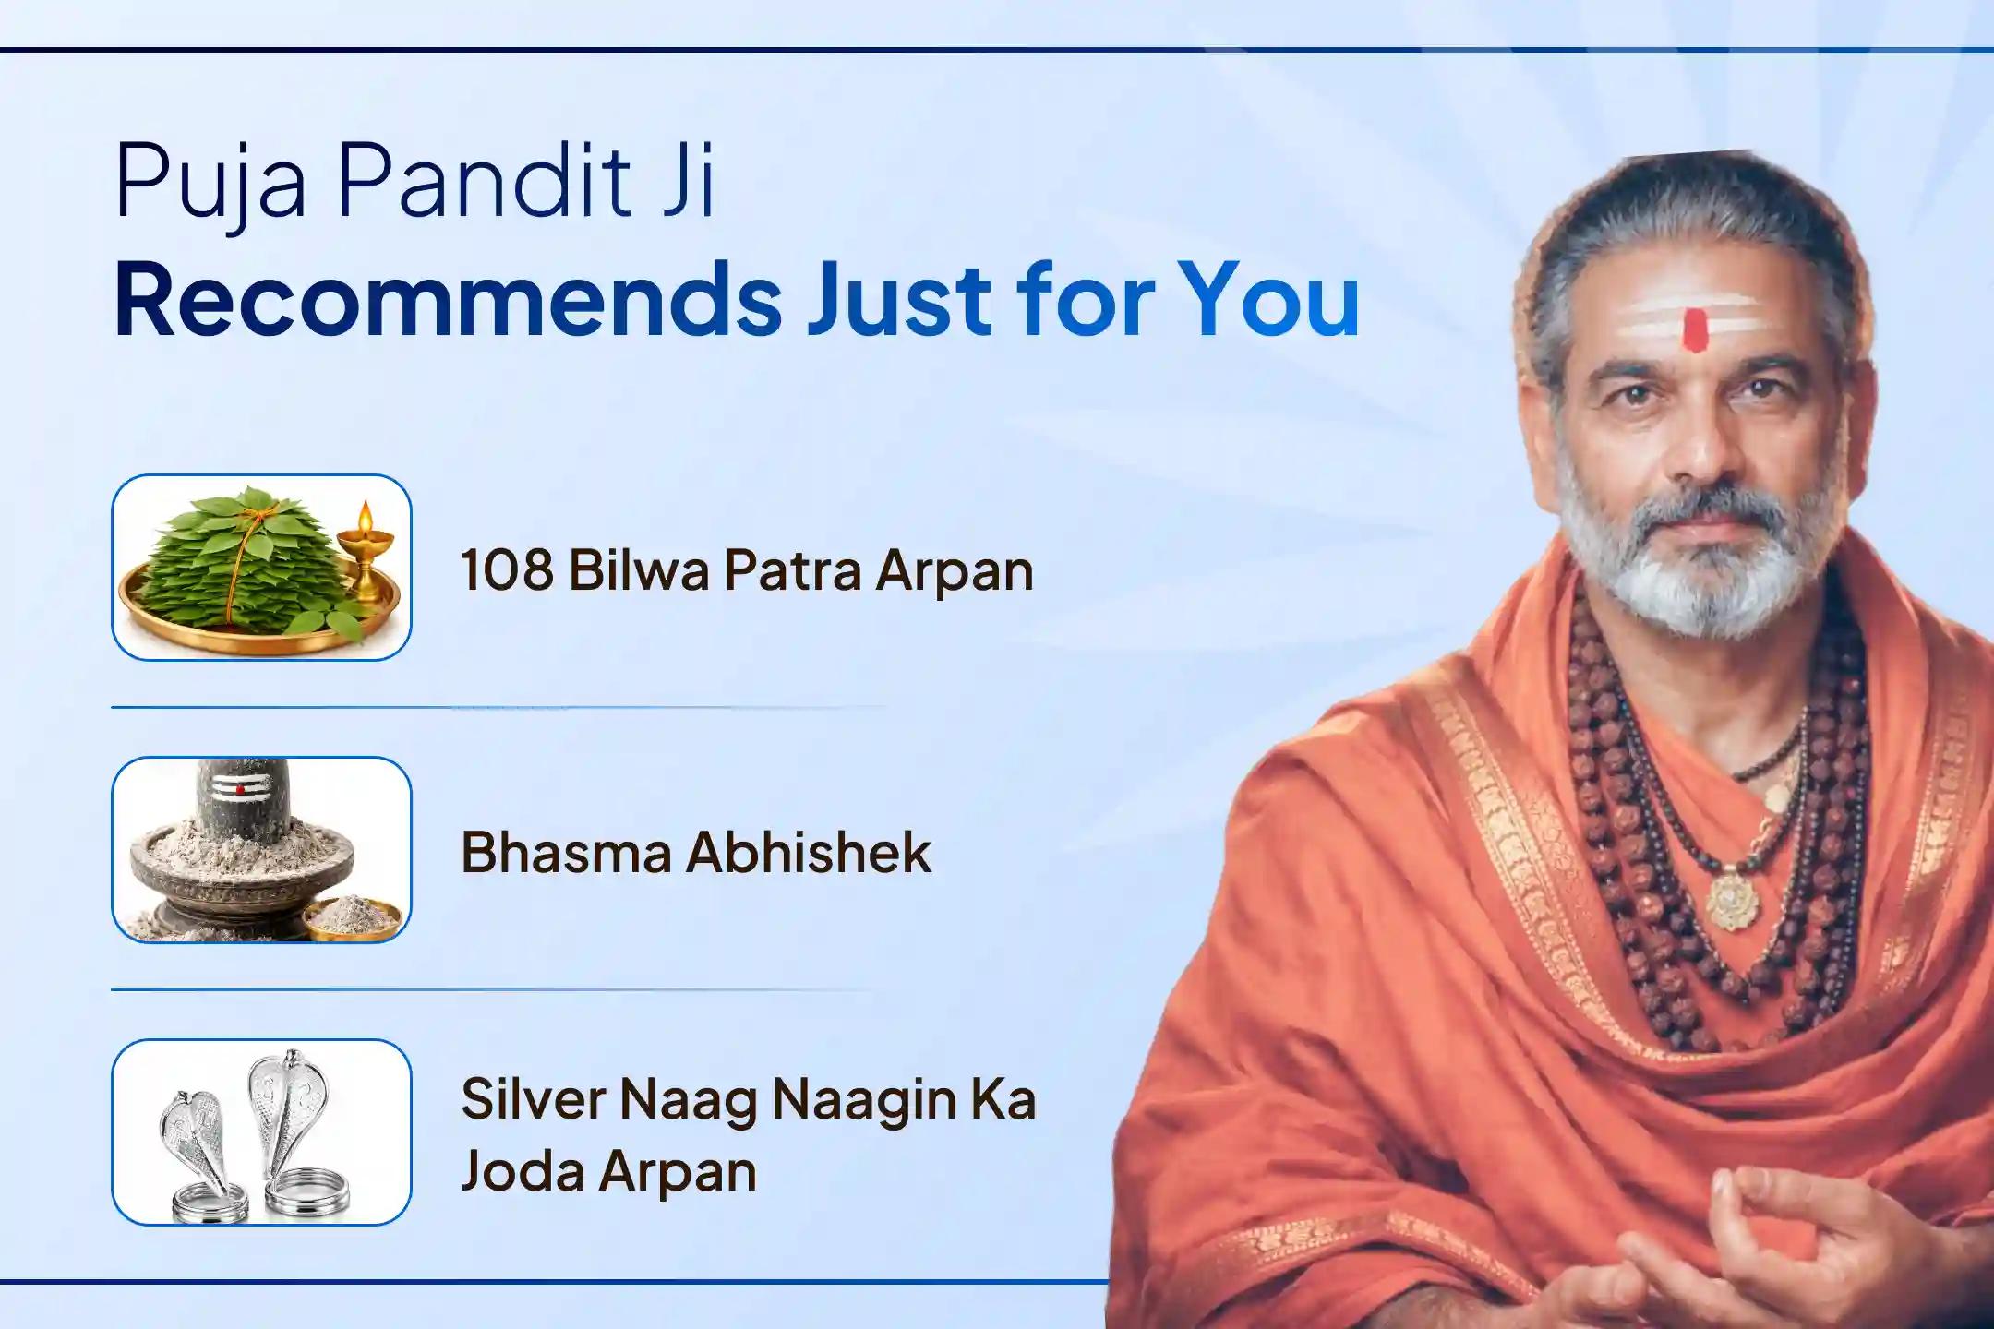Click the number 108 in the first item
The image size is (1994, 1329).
(506, 570)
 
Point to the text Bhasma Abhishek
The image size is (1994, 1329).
(696, 852)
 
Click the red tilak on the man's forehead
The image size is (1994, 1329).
(1695, 330)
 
